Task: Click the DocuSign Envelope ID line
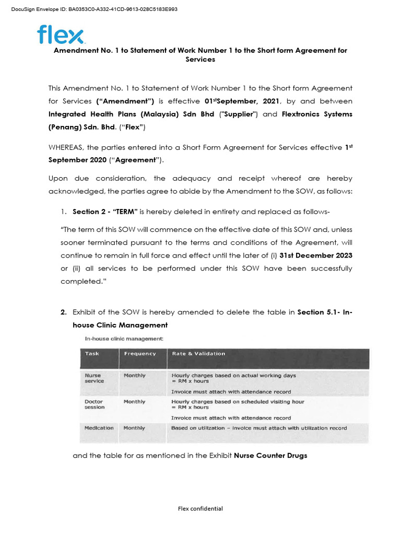click(x=94, y=9)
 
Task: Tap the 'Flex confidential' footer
click(x=200, y=508)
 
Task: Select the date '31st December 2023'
click(x=316, y=255)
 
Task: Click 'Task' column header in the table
click(x=92, y=354)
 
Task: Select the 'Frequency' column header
click(x=139, y=354)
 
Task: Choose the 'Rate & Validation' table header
click(x=198, y=354)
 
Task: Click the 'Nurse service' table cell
click(x=95, y=378)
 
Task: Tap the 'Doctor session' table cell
click(x=95, y=404)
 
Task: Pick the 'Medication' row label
click(x=99, y=428)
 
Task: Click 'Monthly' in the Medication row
click(x=134, y=428)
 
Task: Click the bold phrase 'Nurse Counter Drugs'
click(x=270, y=456)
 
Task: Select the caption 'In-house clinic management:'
click(x=124, y=339)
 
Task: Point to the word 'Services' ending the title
click(x=200, y=60)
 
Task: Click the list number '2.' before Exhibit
click(x=63, y=312)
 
